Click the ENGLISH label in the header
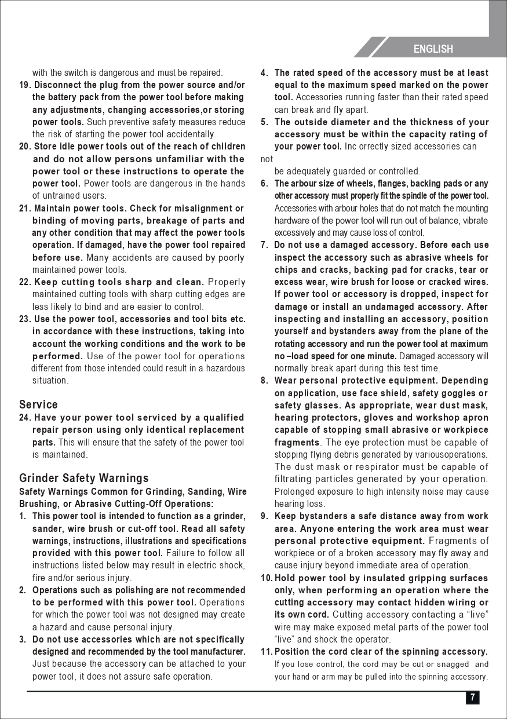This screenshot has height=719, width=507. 433,49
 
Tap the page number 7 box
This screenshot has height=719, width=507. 473,698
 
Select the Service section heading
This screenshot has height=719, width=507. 38,404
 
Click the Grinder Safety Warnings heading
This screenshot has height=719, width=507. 84,479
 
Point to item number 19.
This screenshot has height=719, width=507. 25,85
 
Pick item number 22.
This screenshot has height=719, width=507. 25,282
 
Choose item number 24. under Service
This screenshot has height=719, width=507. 25,418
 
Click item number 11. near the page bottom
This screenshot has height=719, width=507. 267,652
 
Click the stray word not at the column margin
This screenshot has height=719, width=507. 267,159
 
